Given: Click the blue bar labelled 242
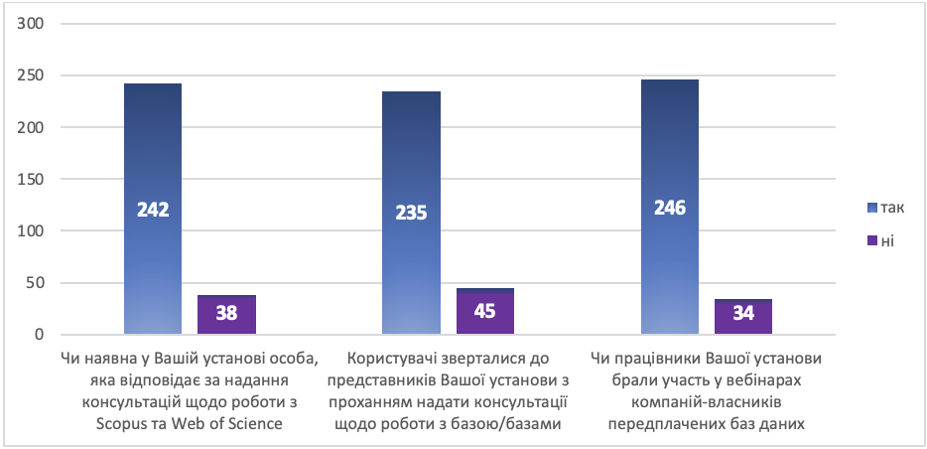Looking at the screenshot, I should tap(153, 209).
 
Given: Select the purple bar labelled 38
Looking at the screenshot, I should tap(226, 314).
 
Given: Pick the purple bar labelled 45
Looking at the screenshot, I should tap(484, 311).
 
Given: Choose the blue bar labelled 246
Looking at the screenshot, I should tap(669, 207).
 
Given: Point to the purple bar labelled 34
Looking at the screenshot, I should tap(742, 316).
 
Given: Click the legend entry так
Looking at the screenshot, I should tap(885, 207).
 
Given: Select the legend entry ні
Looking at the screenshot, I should tap(881, 240).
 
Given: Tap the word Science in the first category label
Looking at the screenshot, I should tap(257, 425).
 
